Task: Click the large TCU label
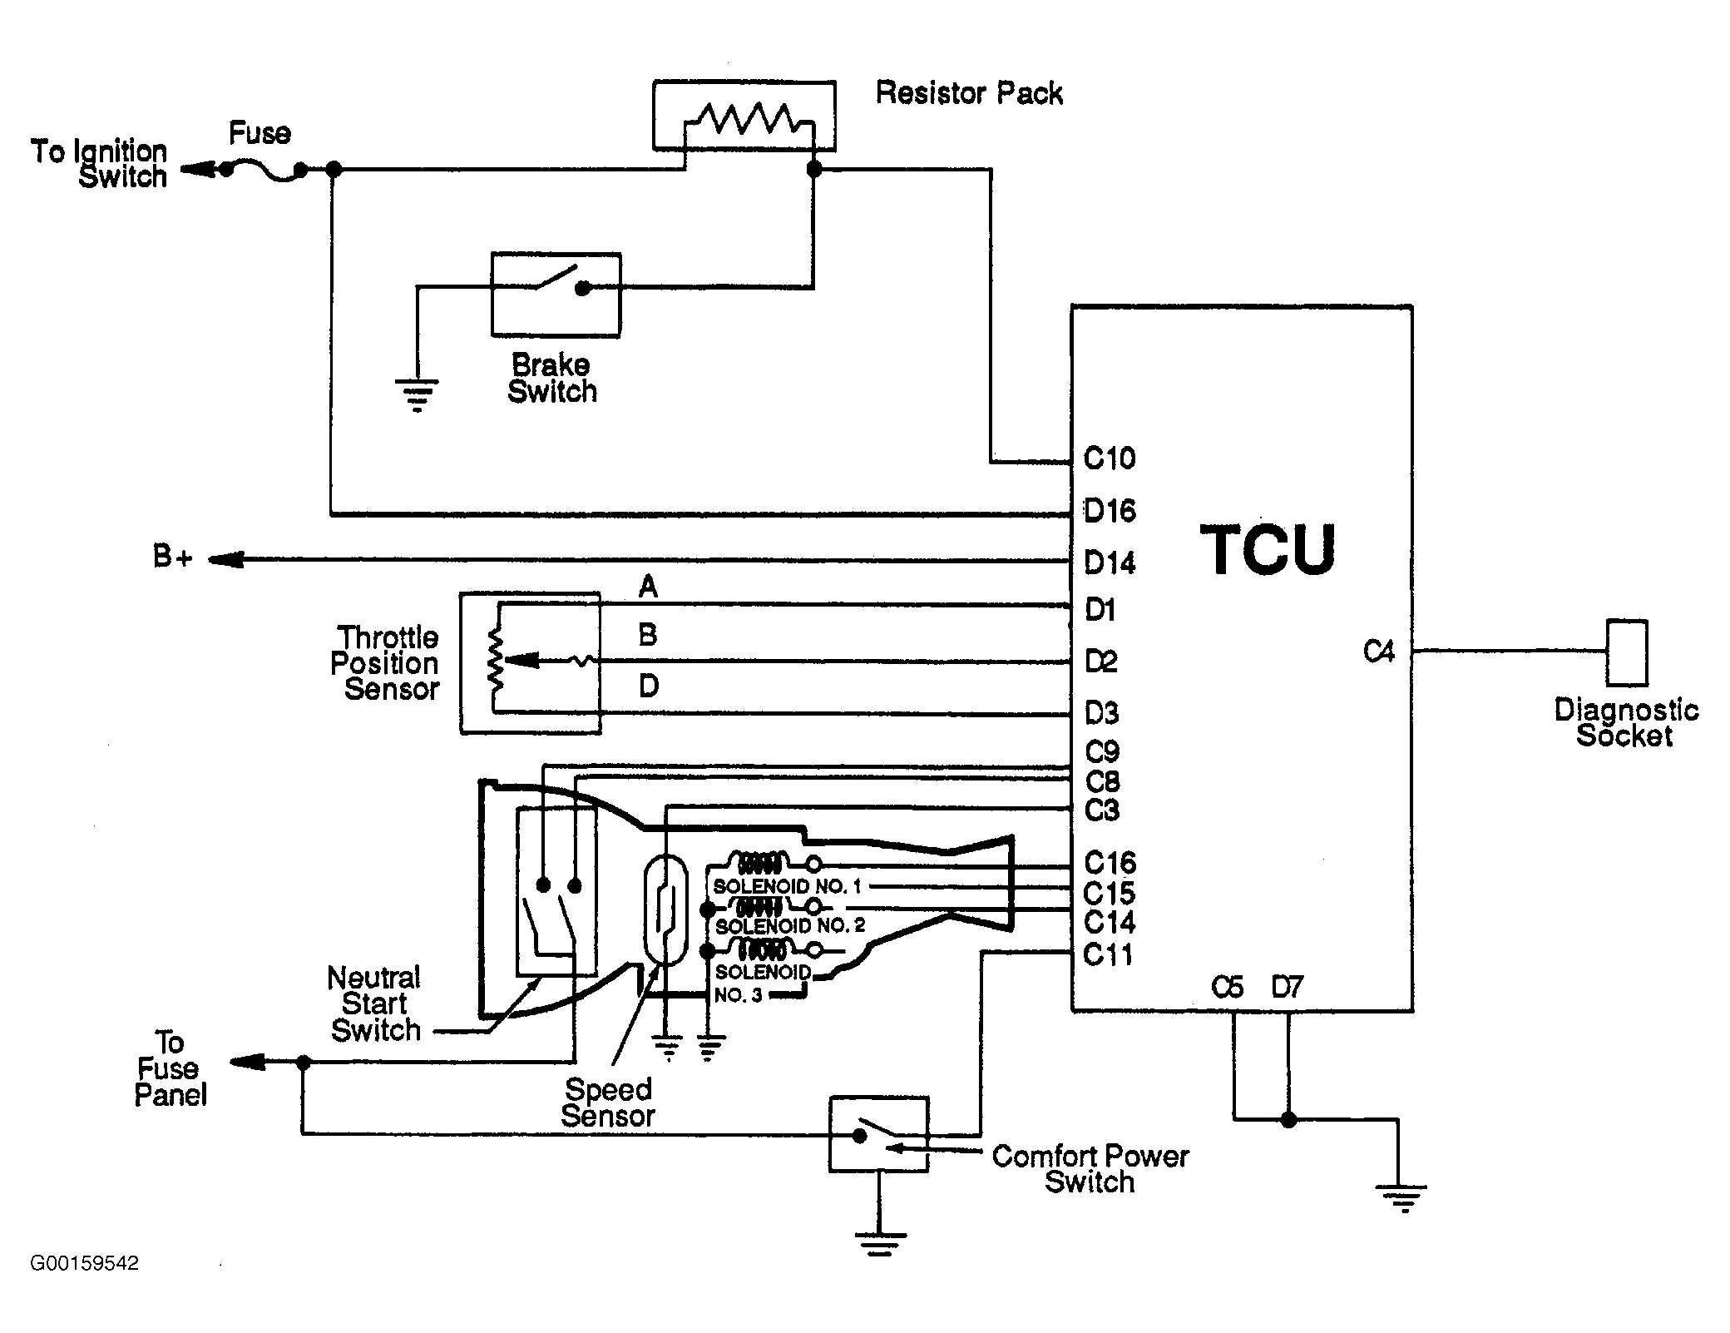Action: tap(1268, 549)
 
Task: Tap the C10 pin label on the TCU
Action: tap(1110, 458)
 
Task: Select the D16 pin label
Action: tap(1110, 510)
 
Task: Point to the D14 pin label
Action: tap(1110, 562)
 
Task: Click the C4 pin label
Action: tap(1378, 651)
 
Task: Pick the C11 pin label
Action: tap(1109, 954)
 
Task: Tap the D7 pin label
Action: tap(1287, 987)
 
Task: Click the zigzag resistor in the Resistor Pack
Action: tap(744, 118)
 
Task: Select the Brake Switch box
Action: tap(556, 295)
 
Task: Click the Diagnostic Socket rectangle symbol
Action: tap(1627, 652)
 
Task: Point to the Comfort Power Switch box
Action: tap(878, 1134)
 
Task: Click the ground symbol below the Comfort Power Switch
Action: tap(879, 1242)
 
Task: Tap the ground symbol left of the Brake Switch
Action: tap(417, 394)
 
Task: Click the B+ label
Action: tap(173, 556)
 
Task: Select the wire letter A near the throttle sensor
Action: tap(648, 587)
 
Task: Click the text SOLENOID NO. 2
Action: tap(790, 925)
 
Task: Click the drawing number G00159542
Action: tap(84, 1263)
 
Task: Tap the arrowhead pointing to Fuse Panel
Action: tap(246, 1062)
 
